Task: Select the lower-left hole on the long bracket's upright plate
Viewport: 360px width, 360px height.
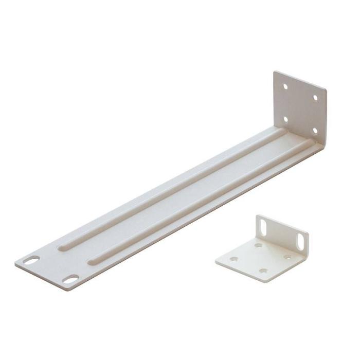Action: [286, 119]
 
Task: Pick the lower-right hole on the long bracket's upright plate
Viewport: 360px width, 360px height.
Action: [314, 131]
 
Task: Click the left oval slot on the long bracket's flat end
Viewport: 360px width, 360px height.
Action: [31, 261]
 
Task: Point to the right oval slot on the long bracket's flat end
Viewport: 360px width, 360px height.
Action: [70, 279]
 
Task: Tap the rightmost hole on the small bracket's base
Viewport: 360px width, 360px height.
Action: [287, 257]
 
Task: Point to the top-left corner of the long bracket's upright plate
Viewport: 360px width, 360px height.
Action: [275, 71]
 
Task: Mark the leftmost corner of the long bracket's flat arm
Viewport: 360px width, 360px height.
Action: [15, 262]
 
